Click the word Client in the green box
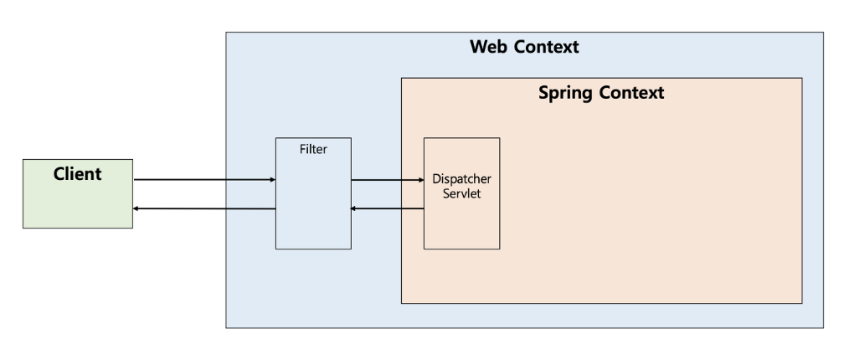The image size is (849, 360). [77, 174]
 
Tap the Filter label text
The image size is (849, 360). [313, 149]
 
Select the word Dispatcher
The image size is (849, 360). [462, 178]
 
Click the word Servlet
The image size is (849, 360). [462, 193]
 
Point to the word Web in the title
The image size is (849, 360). [489, 47]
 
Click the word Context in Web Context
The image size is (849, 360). [546, 47]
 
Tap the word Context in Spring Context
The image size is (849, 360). [630, 92]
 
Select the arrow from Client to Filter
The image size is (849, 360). [204, 180]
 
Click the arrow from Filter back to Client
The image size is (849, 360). [204, 208]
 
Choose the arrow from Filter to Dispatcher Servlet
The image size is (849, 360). [388, 180]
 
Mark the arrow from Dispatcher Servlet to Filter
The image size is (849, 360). [387, 208]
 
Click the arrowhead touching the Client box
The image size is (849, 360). [136, 208]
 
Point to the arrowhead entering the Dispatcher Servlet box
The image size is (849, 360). [421, 180]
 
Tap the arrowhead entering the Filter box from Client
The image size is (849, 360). [273, 180]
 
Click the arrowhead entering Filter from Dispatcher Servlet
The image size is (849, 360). [353, 208]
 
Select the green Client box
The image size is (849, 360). [78, 193]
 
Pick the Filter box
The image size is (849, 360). [313, 193]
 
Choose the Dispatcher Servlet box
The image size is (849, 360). [462, 193]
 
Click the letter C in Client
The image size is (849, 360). [59, 174]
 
